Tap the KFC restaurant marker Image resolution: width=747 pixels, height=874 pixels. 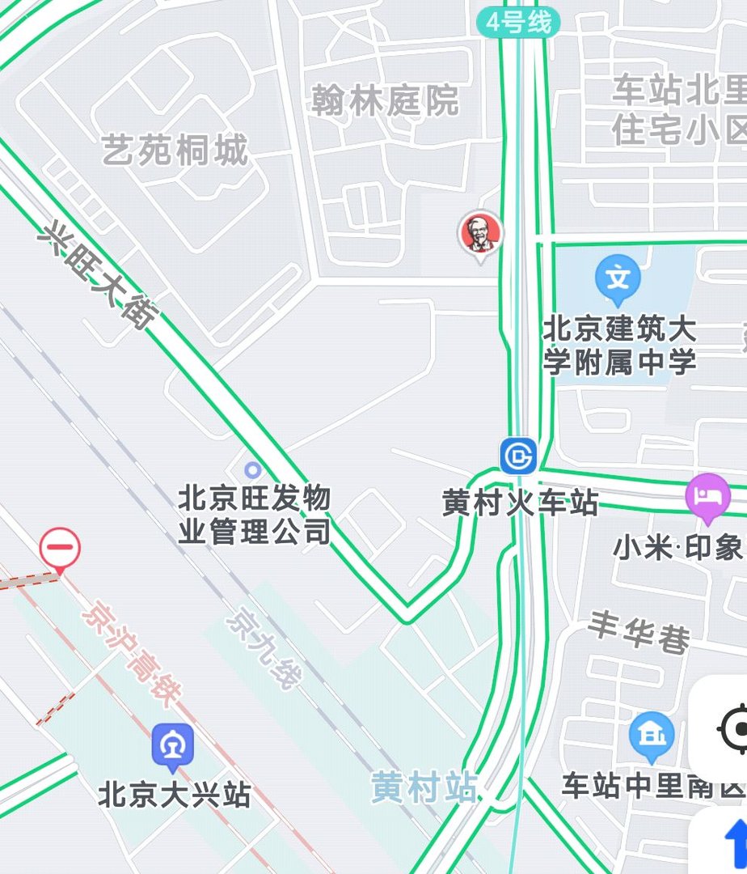[x=480, y=234]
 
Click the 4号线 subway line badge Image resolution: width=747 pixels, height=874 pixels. [x=518, y=23]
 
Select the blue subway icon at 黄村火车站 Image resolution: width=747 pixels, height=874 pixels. [x=518, y=456]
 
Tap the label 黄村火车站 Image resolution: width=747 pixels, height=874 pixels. [x=520, y=503]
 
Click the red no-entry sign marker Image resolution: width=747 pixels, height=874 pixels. [x=61, y=547]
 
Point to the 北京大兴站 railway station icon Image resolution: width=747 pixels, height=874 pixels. [x=173, y=745]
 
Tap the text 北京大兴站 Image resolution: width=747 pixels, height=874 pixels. [x=174, y=795]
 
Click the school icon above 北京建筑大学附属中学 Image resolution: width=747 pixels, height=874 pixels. [x=618, y=277]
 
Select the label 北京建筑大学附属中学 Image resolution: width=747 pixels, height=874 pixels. [x=619, y=346]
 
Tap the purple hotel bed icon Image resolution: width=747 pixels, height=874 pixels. [x=708, y=494]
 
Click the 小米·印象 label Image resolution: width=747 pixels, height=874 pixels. [x=677, y=548]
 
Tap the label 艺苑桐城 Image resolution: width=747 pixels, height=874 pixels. [x=175, y=151]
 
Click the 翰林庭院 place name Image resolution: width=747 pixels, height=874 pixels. [x=386, y=101]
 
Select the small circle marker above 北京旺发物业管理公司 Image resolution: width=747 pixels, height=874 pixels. [x=253, y=469]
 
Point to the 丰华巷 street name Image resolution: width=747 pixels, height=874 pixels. [x=639, y=632]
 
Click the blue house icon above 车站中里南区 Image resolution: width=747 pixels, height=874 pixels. [x=651, y=735]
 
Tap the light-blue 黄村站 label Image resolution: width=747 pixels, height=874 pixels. [x=424, y=787]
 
